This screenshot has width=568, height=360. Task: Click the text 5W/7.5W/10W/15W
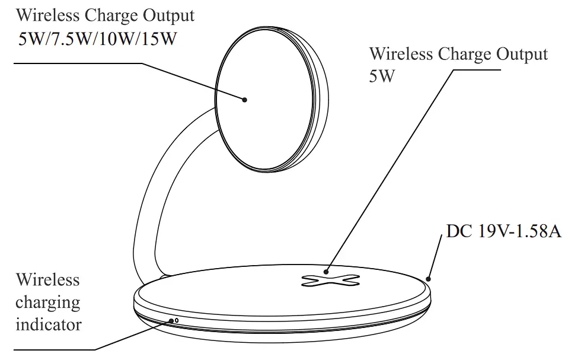[98, 40]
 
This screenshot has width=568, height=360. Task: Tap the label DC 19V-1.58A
[503, 231]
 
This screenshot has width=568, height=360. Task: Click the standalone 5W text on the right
[382, 77]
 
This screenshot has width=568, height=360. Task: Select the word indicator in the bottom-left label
[49, 324]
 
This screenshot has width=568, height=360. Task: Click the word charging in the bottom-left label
[47, 302]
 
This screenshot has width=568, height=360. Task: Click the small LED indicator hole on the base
[176, 321]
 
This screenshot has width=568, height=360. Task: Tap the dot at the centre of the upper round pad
[244, 100]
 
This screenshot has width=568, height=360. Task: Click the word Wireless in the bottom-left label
[47, 279]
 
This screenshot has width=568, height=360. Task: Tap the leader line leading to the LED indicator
[133, 335]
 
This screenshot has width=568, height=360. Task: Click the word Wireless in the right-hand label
[401, 54]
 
